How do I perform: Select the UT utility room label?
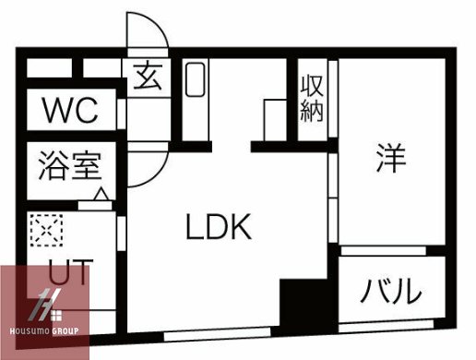click(x=66, y=273)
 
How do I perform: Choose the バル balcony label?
click(x=391, y=293)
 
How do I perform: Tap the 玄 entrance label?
click(x=147, y=76)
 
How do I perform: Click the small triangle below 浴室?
click(x=99, y=195)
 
